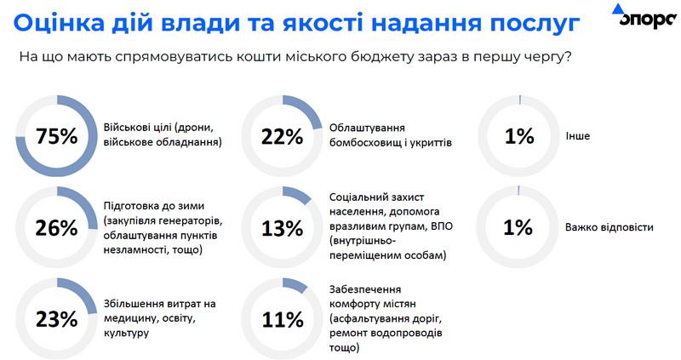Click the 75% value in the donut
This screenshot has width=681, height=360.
point(56,136)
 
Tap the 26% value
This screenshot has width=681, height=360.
point(56,228)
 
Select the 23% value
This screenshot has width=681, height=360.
point(56,319)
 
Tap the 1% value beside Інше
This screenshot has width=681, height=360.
point(518,136)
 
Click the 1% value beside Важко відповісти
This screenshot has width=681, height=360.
point(518,228)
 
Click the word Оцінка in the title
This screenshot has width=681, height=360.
point(60,21)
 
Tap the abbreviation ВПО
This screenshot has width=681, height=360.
point(438,227)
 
